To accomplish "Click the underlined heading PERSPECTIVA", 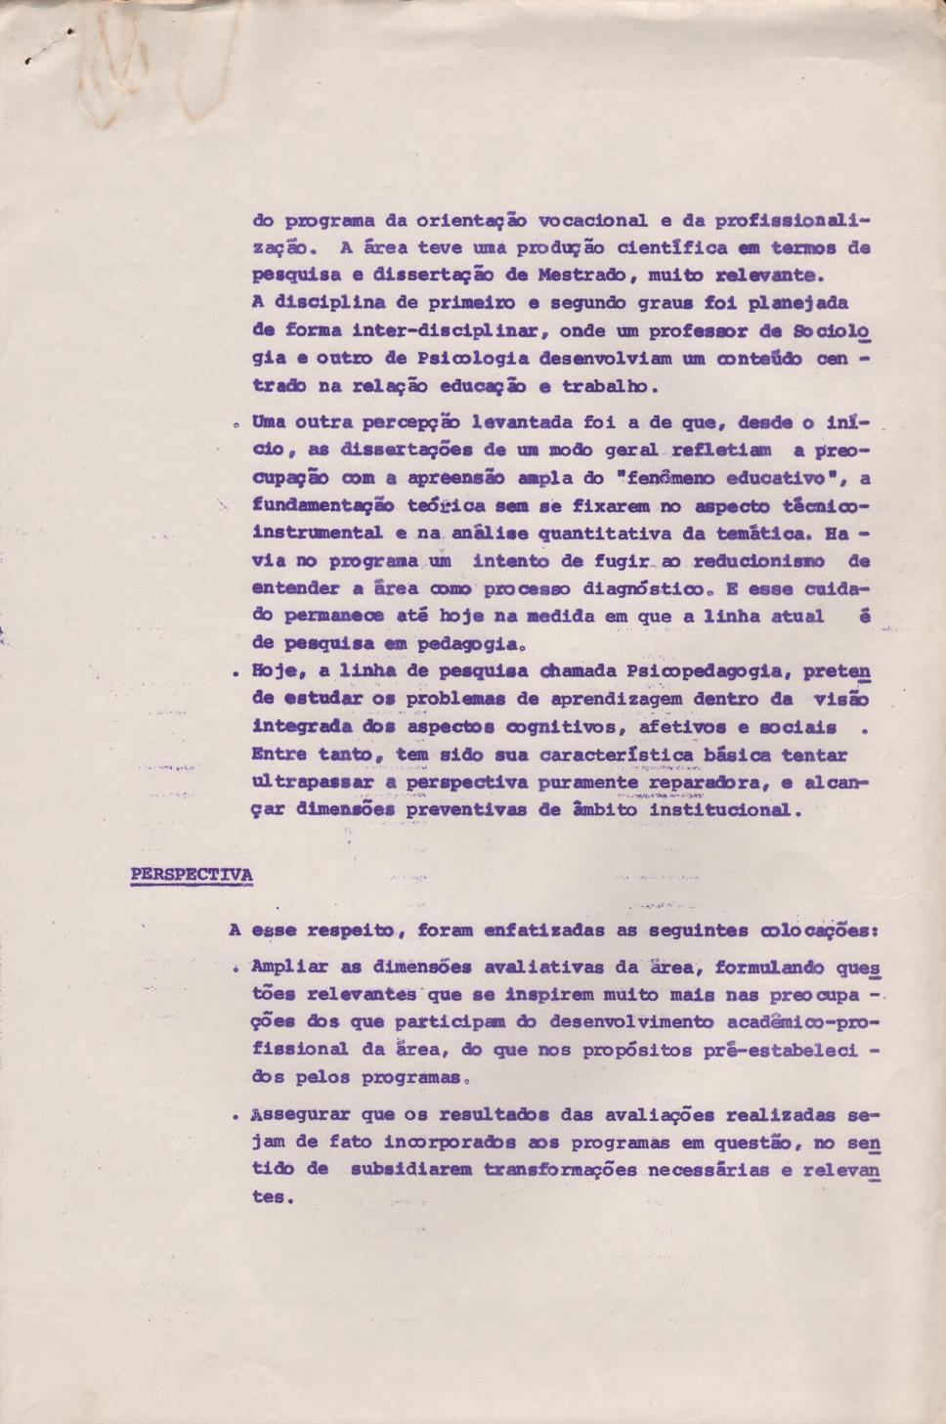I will click(192, 874).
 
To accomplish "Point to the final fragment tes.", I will click(270, 1197).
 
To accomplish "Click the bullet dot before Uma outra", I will click(239, 425).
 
